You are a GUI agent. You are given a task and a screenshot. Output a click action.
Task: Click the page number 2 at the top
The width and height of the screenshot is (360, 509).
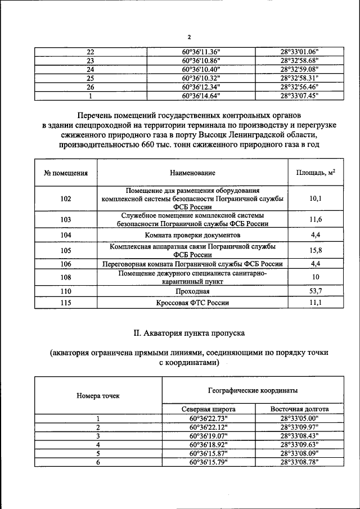point(189,37)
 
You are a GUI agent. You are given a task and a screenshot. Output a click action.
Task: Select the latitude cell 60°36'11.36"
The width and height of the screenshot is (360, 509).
point(201,51)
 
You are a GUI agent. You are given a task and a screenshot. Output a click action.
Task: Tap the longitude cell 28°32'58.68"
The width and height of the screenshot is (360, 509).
point(299,60)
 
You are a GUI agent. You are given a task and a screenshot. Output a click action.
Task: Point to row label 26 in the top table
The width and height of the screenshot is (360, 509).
point(89,87)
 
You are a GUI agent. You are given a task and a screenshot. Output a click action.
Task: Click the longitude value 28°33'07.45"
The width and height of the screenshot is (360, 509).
point(299,96)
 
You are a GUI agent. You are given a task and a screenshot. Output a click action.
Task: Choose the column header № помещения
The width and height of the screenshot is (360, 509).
point(66,173)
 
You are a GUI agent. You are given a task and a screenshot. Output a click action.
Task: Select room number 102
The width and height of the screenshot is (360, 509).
point(66,199)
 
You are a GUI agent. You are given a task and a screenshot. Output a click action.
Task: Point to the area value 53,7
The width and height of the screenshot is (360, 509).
point(316,291)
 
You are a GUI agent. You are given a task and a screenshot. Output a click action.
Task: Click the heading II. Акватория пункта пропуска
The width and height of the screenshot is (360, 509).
point(188,333)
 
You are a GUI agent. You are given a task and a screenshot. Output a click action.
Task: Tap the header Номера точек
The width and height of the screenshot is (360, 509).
point(98,396)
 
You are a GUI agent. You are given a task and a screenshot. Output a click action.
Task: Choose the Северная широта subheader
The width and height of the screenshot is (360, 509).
point(209,409)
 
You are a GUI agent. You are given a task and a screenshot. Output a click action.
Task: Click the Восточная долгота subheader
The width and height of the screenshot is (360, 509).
point(299,409)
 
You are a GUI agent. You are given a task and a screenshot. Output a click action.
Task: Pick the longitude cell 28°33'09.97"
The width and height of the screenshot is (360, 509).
point(299,427)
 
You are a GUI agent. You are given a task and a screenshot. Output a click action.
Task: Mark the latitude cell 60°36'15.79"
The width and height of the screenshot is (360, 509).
point(209,462)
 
